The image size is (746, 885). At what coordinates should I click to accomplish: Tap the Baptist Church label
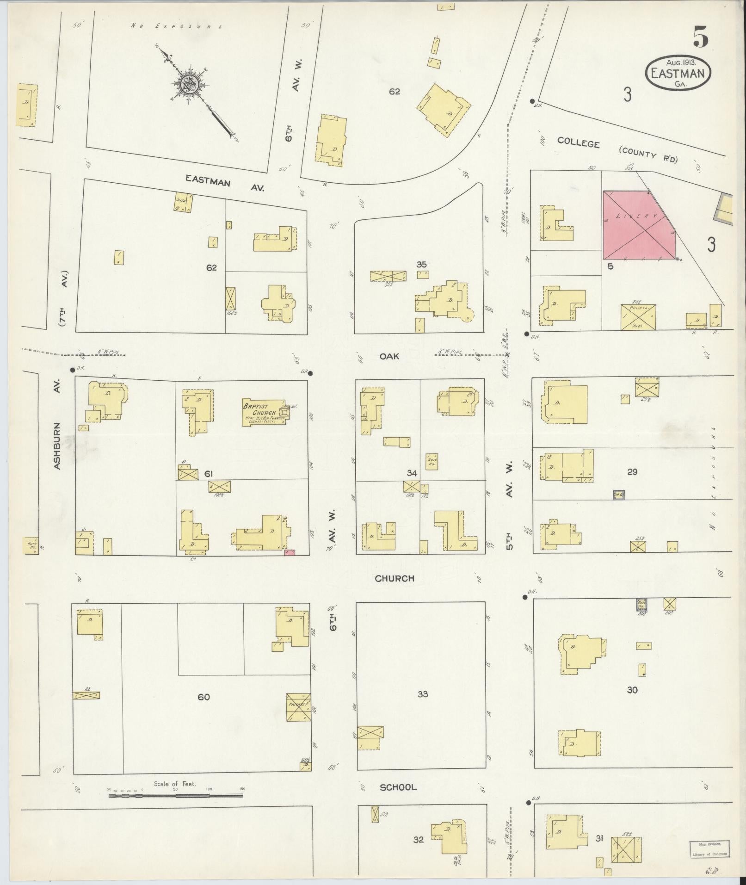pos(260,409)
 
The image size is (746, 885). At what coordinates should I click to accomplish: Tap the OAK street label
pos(389,356)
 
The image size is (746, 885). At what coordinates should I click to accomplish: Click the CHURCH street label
pos(394,578)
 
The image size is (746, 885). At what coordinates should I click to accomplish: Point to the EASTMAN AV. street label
pos(224,183)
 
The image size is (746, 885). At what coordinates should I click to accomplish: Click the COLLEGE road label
pos(578,142)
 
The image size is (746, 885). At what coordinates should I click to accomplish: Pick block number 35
pos(421,265)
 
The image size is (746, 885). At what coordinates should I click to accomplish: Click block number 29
pos(632,472)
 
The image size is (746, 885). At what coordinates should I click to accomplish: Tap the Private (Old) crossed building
pos(638,317)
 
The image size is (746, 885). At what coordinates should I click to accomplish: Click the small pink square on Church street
pos(290,552)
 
